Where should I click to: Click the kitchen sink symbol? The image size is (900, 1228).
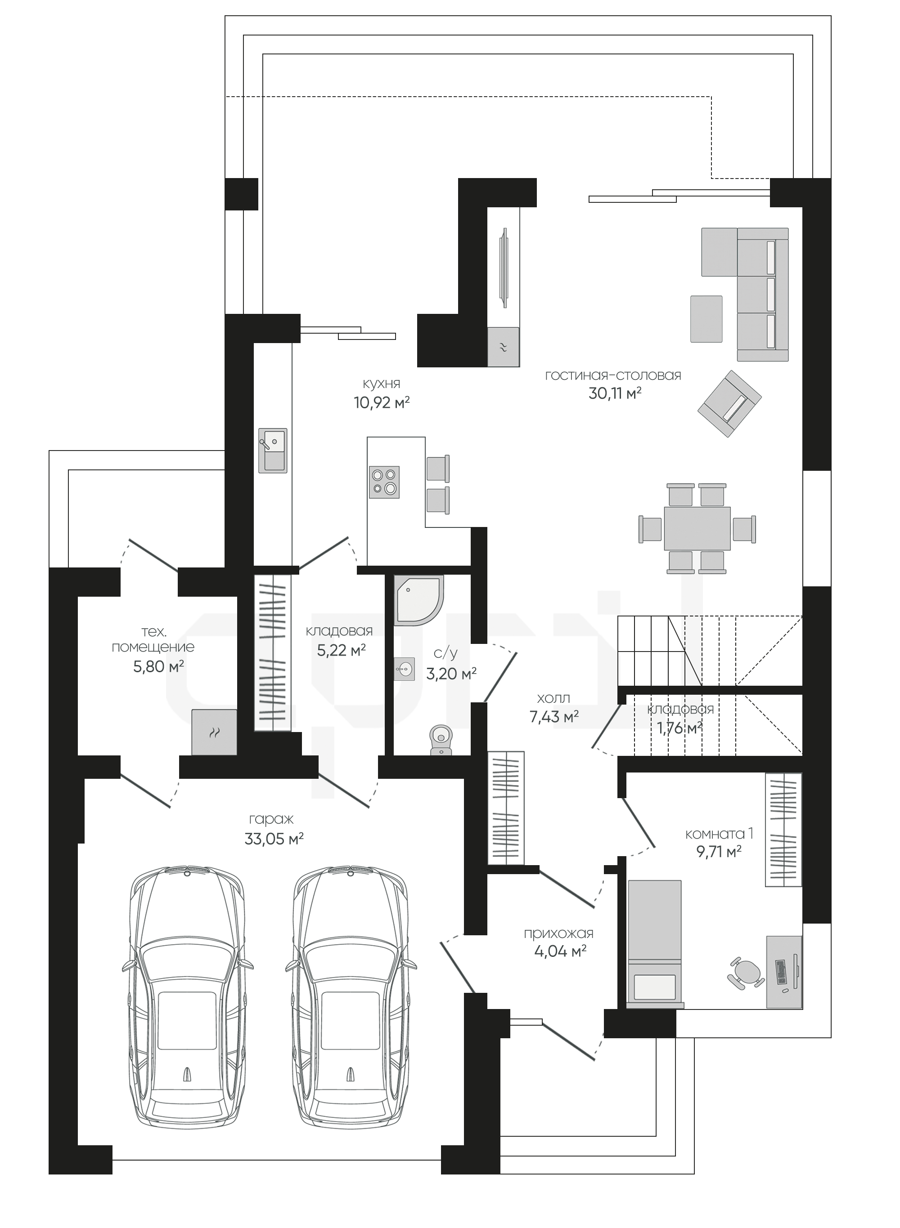(x=273, y=450)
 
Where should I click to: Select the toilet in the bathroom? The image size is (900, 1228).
(x=441, y=740)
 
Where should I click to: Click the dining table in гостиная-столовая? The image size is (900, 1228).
(x=697, y=528)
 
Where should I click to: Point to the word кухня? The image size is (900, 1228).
(x=381, y=384)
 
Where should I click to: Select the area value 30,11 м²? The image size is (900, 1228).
(x=615, y=393)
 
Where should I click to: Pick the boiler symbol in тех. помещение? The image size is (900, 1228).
(x=214, y=732)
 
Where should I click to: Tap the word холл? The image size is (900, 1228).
(x=553, y=698)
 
